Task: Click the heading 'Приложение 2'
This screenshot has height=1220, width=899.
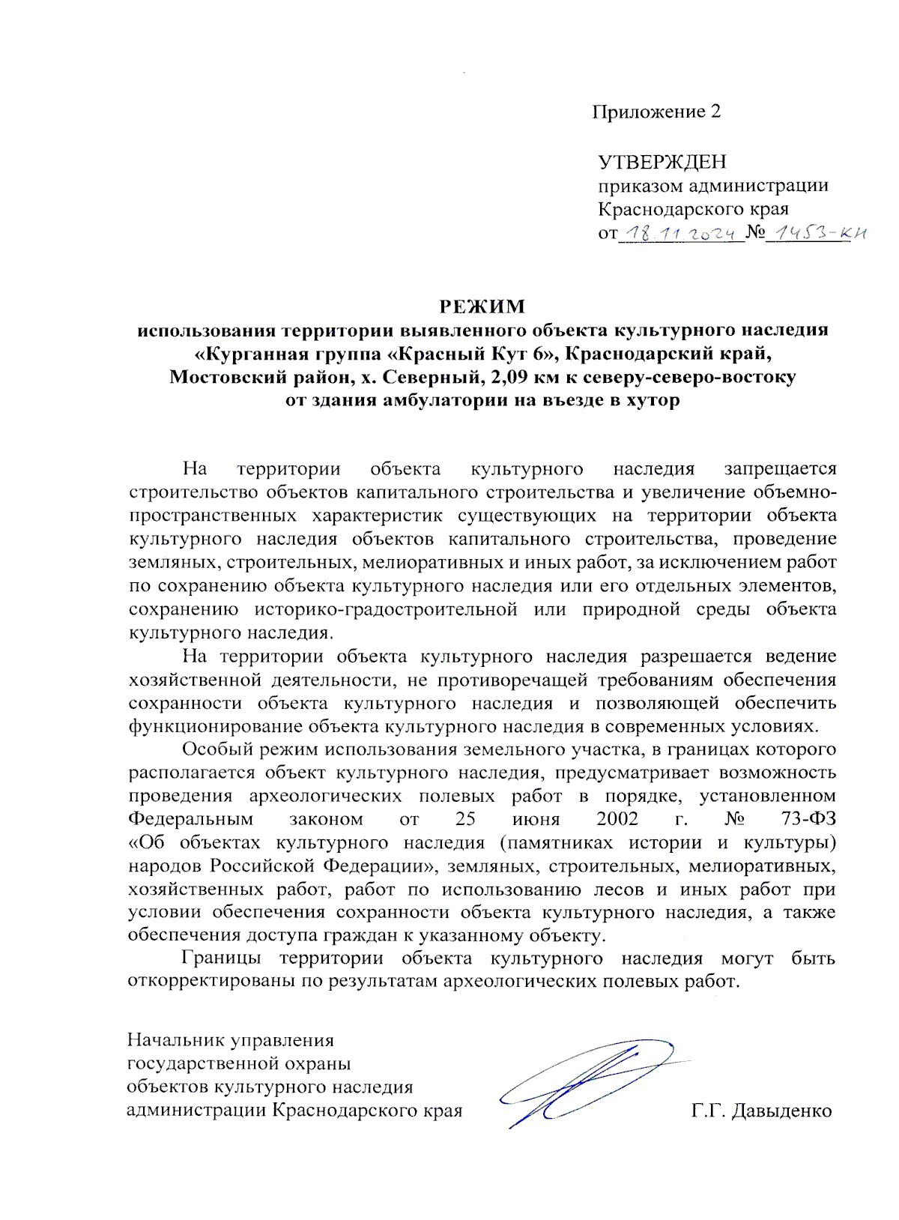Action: (656, 112)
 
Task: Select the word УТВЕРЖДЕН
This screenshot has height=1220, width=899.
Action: (662, 162)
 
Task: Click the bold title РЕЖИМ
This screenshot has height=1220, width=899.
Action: (482, 306)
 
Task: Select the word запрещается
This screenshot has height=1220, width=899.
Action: (780, 469)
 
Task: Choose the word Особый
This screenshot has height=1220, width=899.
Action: (218, 749)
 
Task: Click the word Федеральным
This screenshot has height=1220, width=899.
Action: (190, 819)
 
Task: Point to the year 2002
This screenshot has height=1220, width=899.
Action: (617, 819)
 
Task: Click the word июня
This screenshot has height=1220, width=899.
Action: (536, 819)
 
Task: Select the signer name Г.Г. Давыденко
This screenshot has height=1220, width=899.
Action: (761, 1111)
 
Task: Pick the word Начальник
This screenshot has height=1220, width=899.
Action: (176, 1040)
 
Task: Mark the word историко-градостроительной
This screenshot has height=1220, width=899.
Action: (385, 609)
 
